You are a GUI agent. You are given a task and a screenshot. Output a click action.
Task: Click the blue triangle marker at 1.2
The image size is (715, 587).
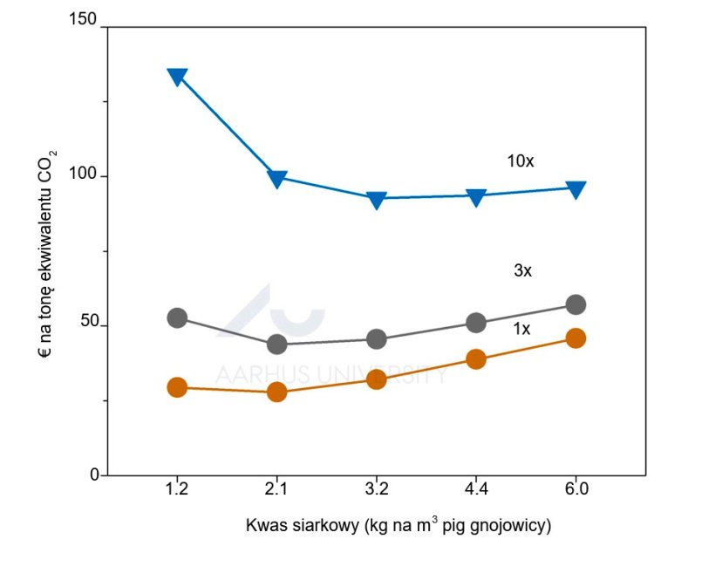click(177, 77)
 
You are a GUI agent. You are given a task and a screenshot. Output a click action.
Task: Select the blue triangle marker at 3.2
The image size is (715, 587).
click(377, 200)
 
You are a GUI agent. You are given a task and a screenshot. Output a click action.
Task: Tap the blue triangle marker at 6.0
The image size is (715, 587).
click(575, 188)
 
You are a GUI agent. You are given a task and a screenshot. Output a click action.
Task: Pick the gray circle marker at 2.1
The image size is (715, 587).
click(277, 344)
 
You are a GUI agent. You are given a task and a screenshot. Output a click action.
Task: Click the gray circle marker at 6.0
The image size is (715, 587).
click(575, 304)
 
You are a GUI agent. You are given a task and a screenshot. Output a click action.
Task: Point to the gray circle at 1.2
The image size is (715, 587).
click(177, 317)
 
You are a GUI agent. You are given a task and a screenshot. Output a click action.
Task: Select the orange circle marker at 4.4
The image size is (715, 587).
click(476, 359)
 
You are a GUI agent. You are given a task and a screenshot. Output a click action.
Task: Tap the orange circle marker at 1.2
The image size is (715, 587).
click(177, 387)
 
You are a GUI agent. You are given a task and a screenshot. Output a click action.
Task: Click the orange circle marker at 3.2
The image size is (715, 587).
click(377, 379)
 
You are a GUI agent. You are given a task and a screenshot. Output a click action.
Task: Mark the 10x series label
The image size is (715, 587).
click(521, 161)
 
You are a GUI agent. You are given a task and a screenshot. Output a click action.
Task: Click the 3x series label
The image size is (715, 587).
click(522, 271)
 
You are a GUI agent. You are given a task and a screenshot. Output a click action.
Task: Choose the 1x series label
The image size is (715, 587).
click(521, 329)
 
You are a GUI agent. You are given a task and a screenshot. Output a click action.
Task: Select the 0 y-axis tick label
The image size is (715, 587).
click(93, 475)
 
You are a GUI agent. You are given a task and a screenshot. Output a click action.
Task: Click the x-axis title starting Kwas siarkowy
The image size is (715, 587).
click(398, 526)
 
